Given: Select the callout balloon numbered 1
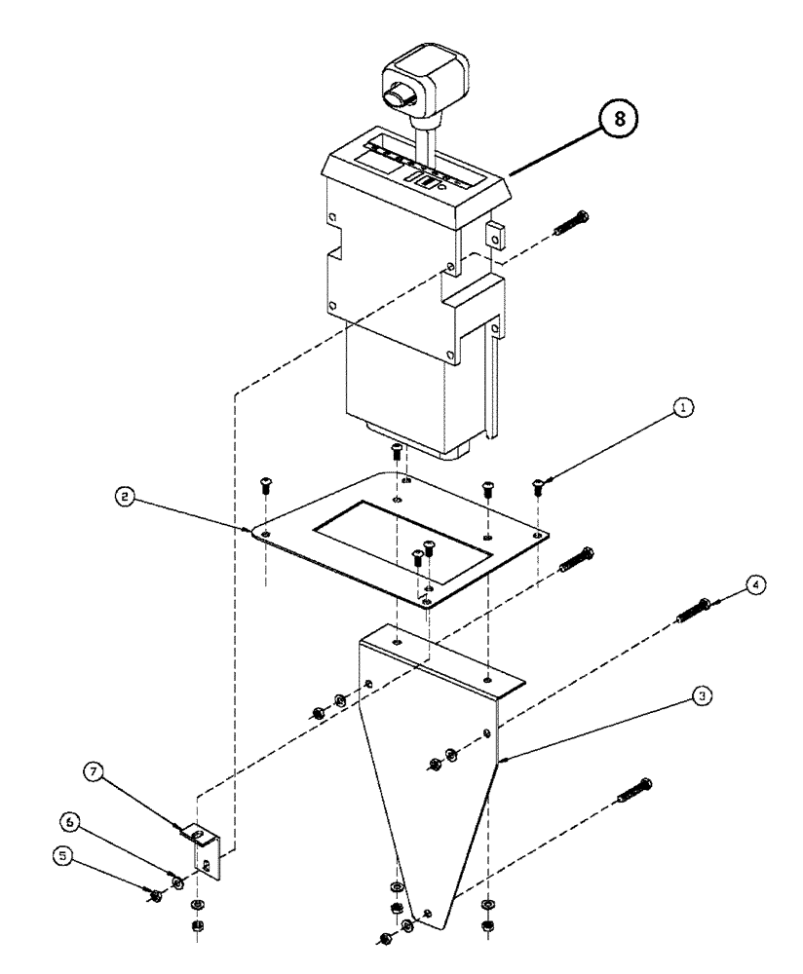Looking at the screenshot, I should coord(685,412).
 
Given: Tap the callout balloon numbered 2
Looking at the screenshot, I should coord(122,497).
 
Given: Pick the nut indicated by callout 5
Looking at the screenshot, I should coord(155,894).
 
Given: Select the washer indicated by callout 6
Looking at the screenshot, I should coord(177,882).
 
